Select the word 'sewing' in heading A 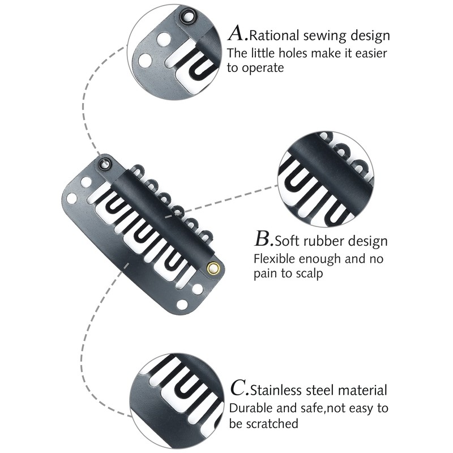pyautogui.click(x=319, y=37)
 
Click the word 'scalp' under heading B pyautogui.click(x=309, y=274)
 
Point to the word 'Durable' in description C pyautogui.click(x=249, y=408)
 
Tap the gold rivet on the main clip pyautogui.click(x=213, y=268)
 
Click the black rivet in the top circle pyautogui.click(x=185, y=16)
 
